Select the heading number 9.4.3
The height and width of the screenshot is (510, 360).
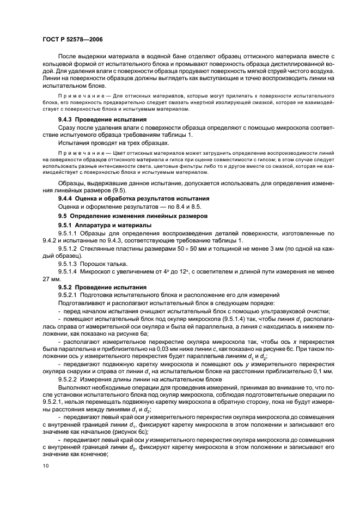68,119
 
